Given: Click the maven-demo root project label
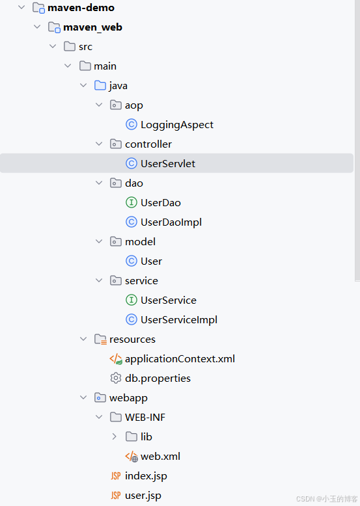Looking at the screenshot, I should click(81, 8).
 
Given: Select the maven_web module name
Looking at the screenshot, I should click(92, 27).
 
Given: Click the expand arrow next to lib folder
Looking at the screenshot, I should click(115, 436).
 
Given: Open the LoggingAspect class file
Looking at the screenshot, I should click(176, 124).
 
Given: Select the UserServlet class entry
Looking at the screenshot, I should click(167, 163).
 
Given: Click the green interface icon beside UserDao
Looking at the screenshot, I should click(132, 202).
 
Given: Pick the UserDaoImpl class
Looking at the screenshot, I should click(171, 222).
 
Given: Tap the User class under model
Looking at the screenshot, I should click(151, 261).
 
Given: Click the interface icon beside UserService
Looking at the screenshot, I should click(132, 300).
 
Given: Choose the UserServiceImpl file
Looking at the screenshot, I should click(178, 319).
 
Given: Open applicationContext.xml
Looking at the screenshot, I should click(180, 358).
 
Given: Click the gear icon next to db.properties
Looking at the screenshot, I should click(116, 378).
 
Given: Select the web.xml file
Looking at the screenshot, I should click(160, 456).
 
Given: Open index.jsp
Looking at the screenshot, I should click(146, 475).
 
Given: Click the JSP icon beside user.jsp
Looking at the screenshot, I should click(116, 495).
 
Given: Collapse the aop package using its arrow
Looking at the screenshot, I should click(99, 105).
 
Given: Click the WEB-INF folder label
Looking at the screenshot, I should click(145, 417).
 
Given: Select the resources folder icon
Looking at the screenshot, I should click(100, 339).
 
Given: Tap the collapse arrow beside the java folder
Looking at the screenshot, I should click(83, 85).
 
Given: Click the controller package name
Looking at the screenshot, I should click(148, 144).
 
